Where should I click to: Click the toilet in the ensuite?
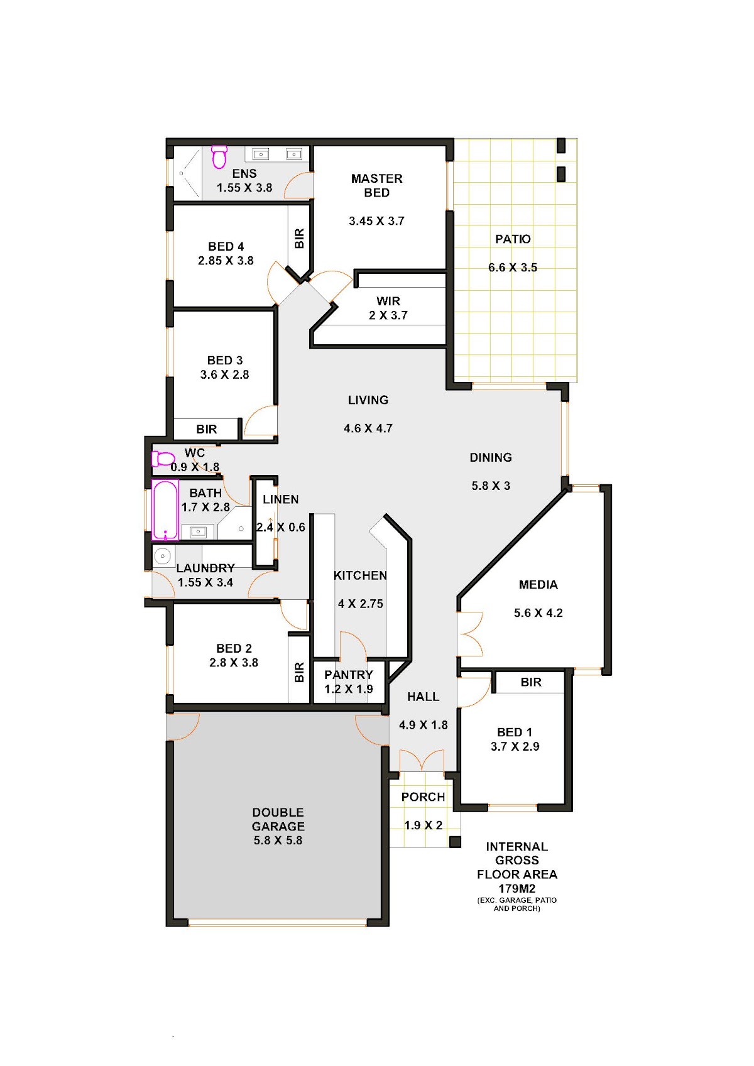point(219,158)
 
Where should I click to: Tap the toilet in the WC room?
point(163,459)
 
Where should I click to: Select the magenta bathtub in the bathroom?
point(165,510)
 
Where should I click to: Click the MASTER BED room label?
point(376,185)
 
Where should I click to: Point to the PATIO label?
point(513,239)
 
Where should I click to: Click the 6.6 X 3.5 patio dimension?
point(513,268)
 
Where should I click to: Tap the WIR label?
point(388,302)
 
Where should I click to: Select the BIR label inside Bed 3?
point(207,429)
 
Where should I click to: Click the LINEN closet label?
point(281,499)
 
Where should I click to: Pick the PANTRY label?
point(349,675)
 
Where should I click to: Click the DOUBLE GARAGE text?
point(278,819)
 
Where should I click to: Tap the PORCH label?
point(423,797)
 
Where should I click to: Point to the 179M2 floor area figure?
point(517,888)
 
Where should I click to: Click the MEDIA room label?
point(538,584)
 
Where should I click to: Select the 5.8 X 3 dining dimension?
point(491,486)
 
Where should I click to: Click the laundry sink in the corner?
point(163,555)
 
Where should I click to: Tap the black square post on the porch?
point(456,842)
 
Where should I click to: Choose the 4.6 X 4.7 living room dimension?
point(368,428)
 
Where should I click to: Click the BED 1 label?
point(515,732)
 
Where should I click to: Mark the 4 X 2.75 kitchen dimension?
point(360,604)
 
